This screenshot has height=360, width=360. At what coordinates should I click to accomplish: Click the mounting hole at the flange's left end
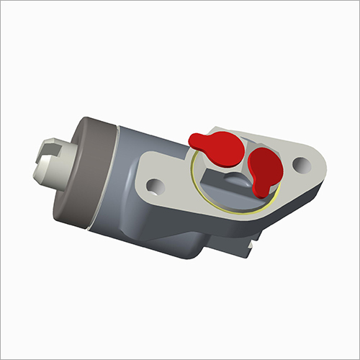(x=153, y=189)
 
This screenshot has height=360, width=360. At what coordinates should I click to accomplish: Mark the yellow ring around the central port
(x=209, y=198)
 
